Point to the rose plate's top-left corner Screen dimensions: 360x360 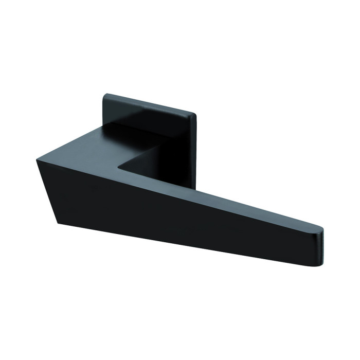pos(105,94)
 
